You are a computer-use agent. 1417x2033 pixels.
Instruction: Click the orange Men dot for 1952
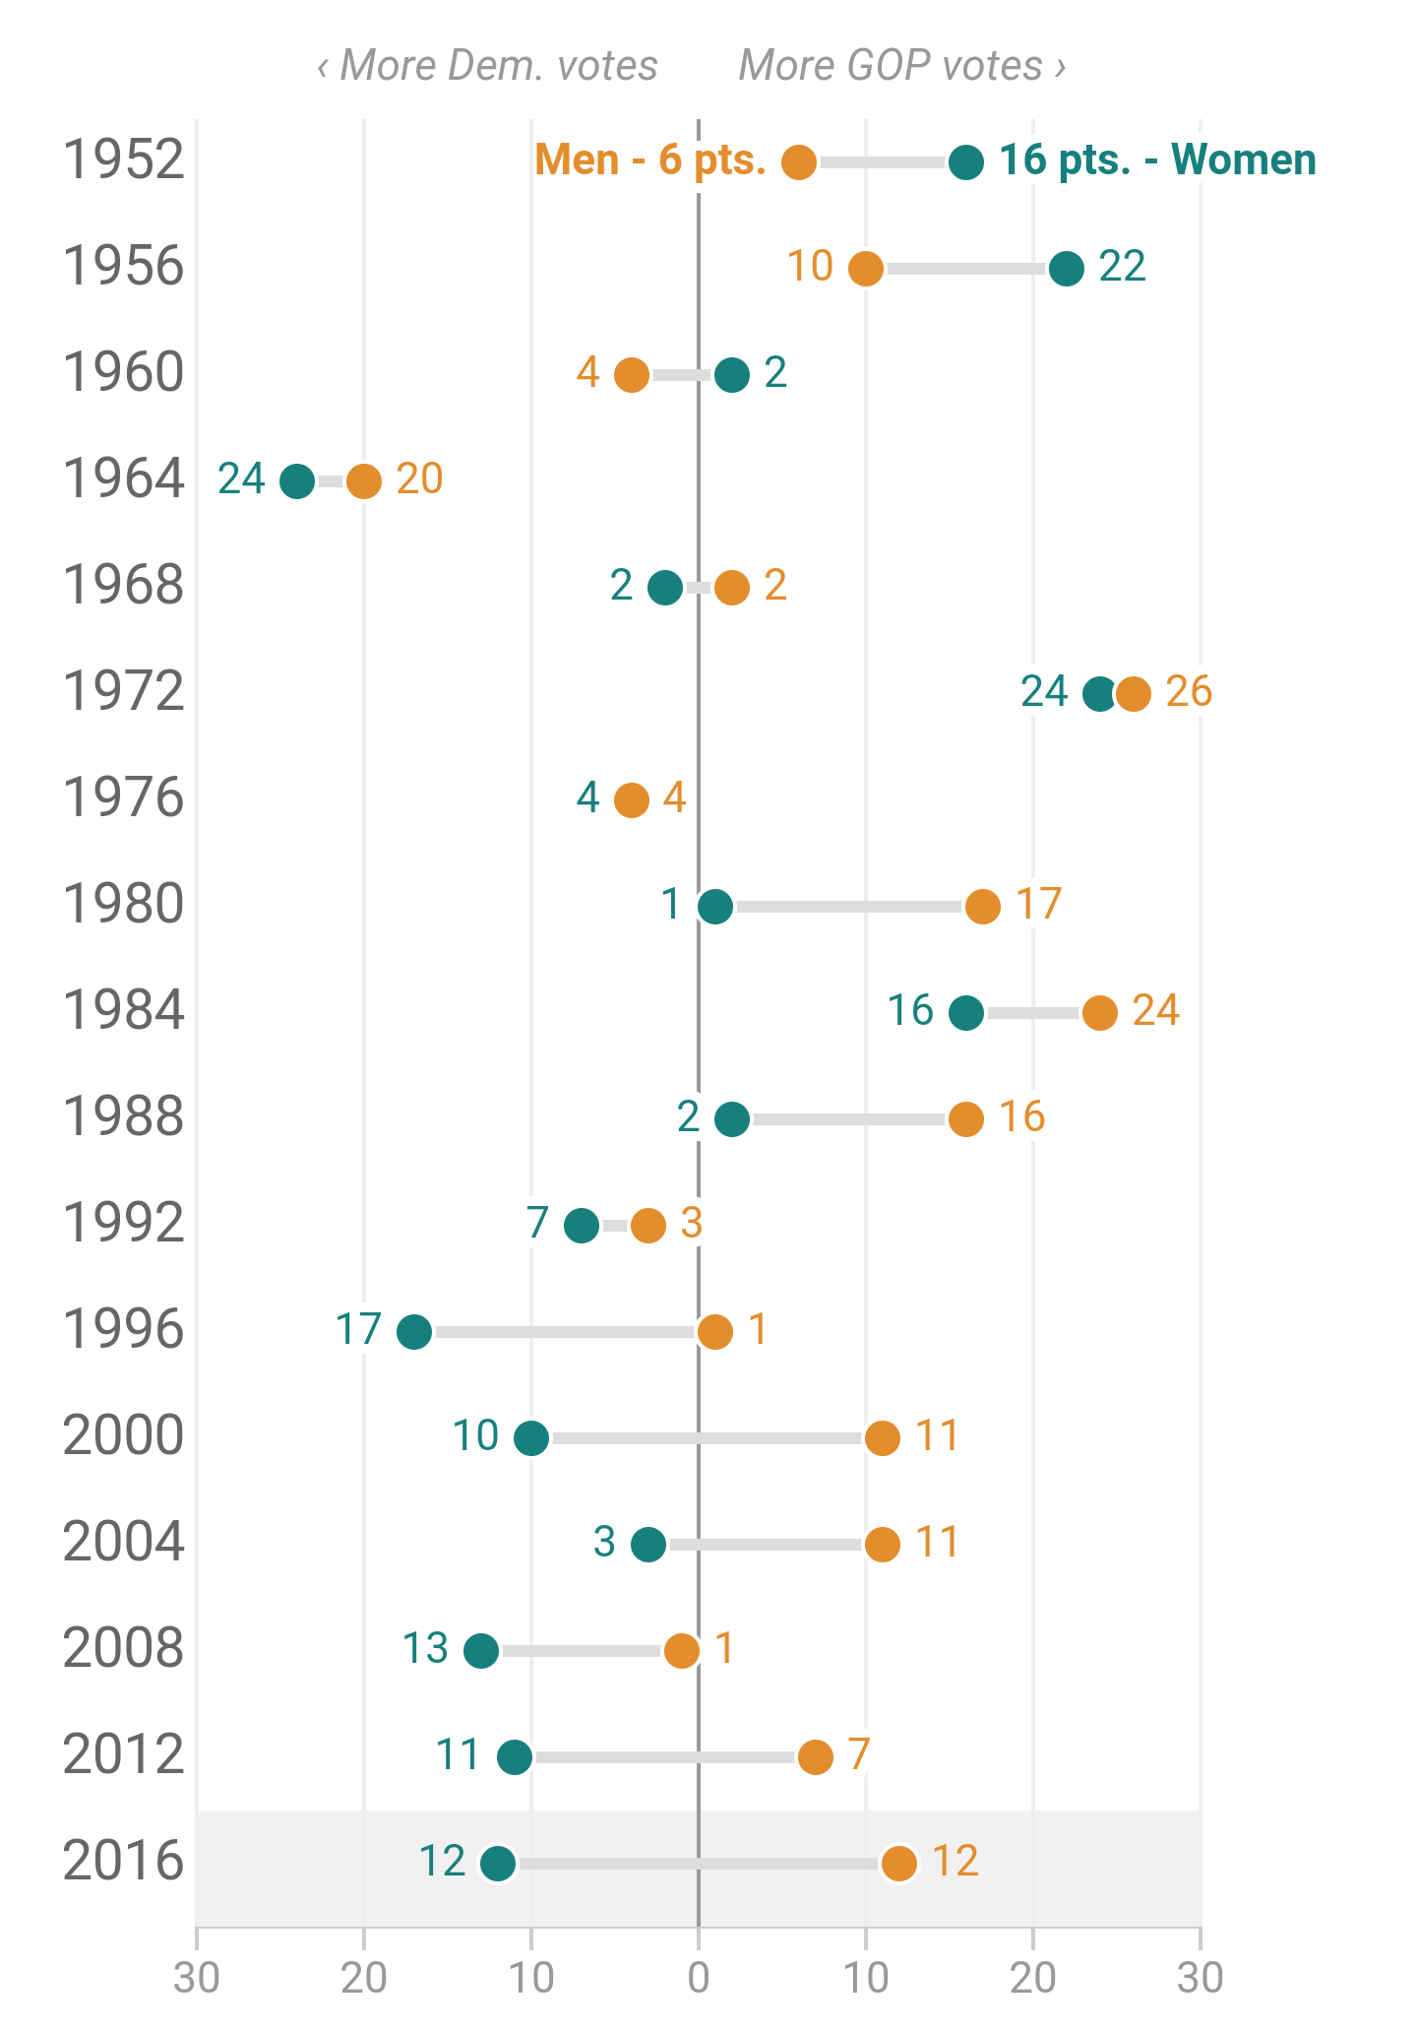tap(799, 161)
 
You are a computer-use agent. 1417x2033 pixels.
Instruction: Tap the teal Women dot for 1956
tap(1067, 268)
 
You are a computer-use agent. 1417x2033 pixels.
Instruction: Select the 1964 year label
tap(123, 479)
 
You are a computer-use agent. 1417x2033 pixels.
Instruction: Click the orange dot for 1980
tap(983, 906)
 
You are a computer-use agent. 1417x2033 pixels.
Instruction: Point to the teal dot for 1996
tap(414, 1332)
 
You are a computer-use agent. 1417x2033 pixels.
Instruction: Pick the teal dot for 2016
tap(498, 1864)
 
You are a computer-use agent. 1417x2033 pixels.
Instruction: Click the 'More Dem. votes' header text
tap(488, 66)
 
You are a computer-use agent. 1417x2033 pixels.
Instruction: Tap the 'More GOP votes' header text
tap(901, 66)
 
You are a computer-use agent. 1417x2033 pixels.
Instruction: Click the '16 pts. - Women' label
tap(1157, 159)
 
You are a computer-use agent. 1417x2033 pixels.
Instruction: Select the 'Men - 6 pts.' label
tap(650, 159)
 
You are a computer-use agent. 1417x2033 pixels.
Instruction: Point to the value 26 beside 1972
tap(1189, 692)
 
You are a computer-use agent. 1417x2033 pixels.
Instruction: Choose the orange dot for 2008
tap(682, 1651)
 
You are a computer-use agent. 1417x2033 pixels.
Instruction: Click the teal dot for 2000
tap(531, 1438)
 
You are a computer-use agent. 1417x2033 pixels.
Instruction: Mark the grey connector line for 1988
tap(848, 1119)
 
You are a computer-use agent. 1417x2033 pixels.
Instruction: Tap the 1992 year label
tap(123, 1224)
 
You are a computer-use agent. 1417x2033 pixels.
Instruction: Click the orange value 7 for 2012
tap(858, 1755)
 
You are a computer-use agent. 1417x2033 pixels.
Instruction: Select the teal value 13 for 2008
tap(425, 1649)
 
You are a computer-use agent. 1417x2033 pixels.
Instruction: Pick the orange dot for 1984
tap(1100, 1012)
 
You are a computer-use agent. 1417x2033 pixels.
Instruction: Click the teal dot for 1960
tap(732, 374)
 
